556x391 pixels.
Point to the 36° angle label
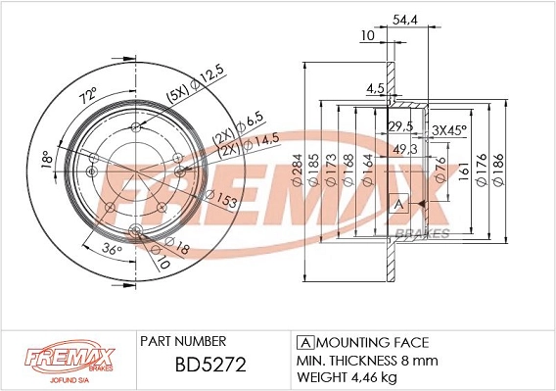113,250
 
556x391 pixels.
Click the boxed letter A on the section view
398,204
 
